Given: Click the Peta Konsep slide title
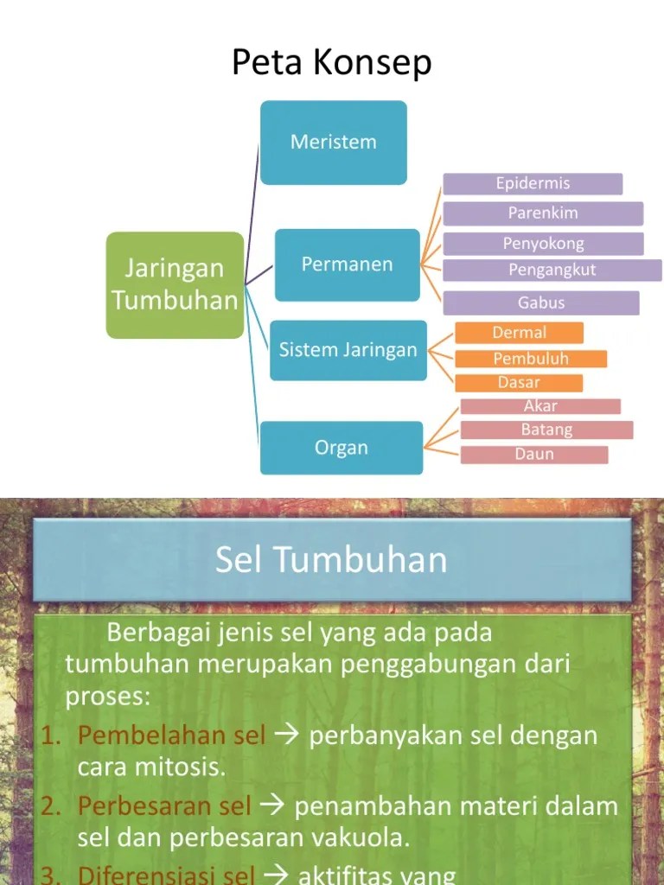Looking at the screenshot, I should pyautogui.click(x=332, y=63).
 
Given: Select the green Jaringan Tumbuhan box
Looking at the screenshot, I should pyautogui.click(x=175, y=284).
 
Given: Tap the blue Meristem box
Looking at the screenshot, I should pyautogui.click(x=334, y=143).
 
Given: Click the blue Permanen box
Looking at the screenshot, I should pyautogui.click(x=348, y=264).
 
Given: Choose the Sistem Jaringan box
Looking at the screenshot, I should pyautogui.click(x=348, y=350).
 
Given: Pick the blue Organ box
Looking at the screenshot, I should pyautogui.click(x=342, y=448).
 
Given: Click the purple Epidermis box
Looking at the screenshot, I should pyautogui.click(x=533, y=184).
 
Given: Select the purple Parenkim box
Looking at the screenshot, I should pyautogui.click(x=543, y=213).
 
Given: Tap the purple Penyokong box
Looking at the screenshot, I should pyautogui.click(x=543, y=244).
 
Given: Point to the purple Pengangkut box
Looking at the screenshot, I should pyautogui.click(x=552, y=271).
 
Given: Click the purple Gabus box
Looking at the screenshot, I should pyautogui.click(x=541, y=302).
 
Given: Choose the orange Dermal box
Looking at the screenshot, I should pyautogui.click(x=519, y=333).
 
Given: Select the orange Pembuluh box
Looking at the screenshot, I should pyautogui.click(x=531, y=359).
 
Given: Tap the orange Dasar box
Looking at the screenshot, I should pyautogui.click(x=519, y=382).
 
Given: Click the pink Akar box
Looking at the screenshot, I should pyautogui.click(x=540, y=406).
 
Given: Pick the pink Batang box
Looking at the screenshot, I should pyautogui.click(x=546, y=430).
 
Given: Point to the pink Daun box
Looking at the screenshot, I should pyautogui.click(x=534, y=454).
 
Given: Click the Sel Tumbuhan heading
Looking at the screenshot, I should pyautogui.click(x=332, y=560).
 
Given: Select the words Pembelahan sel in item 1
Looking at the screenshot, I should pyautogui.click(x=171, y=735).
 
